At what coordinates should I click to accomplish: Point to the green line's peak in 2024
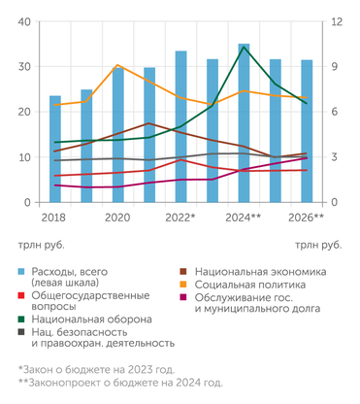(x=244, y=47)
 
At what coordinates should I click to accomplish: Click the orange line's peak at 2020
(x=117, y=65)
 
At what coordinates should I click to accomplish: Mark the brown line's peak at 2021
(x=148, y=123)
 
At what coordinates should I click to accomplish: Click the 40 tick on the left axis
(x=24, y=21)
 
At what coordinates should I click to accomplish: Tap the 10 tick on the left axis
(x=24, y=157)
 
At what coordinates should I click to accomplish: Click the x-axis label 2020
(x=117, y=218)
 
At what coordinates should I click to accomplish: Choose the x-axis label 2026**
(x=307, y=218)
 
